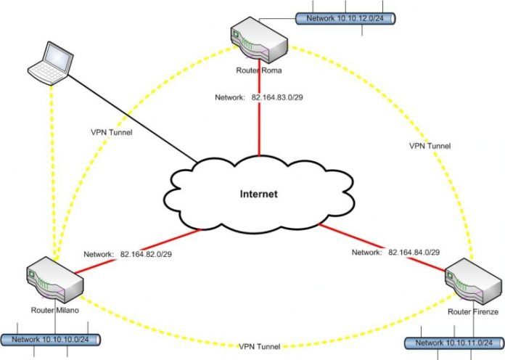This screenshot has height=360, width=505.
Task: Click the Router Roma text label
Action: click(x=258, y=70)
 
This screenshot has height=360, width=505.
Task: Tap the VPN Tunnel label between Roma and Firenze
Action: click(x=430, y=146)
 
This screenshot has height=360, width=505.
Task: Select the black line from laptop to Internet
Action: click(x=131, y=110)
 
